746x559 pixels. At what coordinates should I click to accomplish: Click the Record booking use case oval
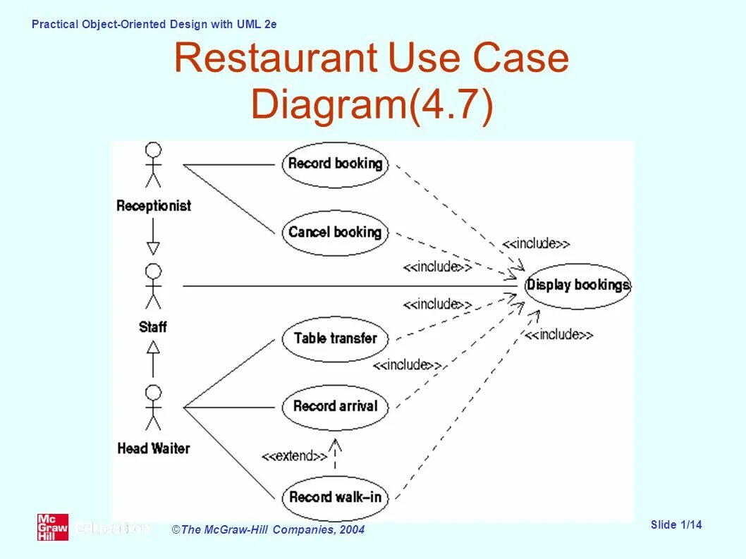click(335, 164)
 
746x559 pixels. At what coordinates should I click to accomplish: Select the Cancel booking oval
click(335, 232)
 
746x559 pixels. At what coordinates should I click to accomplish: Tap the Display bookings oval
click(577, 285)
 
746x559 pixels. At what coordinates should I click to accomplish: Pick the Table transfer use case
click(335, 338)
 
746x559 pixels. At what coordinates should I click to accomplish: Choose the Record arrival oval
click(335, 406)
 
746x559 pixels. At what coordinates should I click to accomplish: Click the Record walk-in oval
click(335, 497)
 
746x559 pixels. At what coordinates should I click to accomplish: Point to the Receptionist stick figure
click(153, 166)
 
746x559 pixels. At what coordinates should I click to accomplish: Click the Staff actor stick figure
click(153, 287)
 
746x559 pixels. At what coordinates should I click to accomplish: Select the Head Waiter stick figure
click(153, 407)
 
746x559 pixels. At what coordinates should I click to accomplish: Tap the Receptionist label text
click(154, 206)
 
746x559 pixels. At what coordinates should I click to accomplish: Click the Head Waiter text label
click(154, 448)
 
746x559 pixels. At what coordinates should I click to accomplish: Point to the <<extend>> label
click(295, 456)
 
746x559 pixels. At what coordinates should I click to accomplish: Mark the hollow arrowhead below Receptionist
click(153, 248)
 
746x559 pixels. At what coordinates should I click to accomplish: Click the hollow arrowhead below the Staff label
click(153, 346)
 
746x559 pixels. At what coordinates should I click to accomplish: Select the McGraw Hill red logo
click(53, 527)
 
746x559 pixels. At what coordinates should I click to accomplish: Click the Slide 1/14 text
click(676, 524)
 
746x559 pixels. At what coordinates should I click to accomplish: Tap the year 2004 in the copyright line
click(351, 530)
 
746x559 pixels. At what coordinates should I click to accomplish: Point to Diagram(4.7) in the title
click(372, 105)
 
